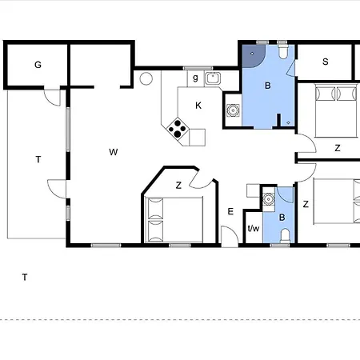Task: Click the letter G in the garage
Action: coord(38,65)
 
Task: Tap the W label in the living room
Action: coord(114,152)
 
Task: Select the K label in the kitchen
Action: coord(198,106)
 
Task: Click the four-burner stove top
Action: coord(178,128)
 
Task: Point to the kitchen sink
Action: coord(213,78)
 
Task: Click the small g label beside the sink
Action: coord(195,78)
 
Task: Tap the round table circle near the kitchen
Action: coord(146,78)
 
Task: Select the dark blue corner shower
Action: coord(254,56)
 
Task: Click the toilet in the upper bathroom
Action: coord(283,51)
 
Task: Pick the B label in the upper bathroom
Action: coord(268,86)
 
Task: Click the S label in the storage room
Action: coord(325,62)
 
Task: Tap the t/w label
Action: coord(254,228)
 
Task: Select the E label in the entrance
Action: coord(230,211)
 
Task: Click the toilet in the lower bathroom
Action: coord(286,235)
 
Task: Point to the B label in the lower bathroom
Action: coord(282,218)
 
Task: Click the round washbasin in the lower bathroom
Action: coord(268,199)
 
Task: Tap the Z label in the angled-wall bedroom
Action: coord(178,185)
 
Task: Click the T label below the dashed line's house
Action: coord(25,278)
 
